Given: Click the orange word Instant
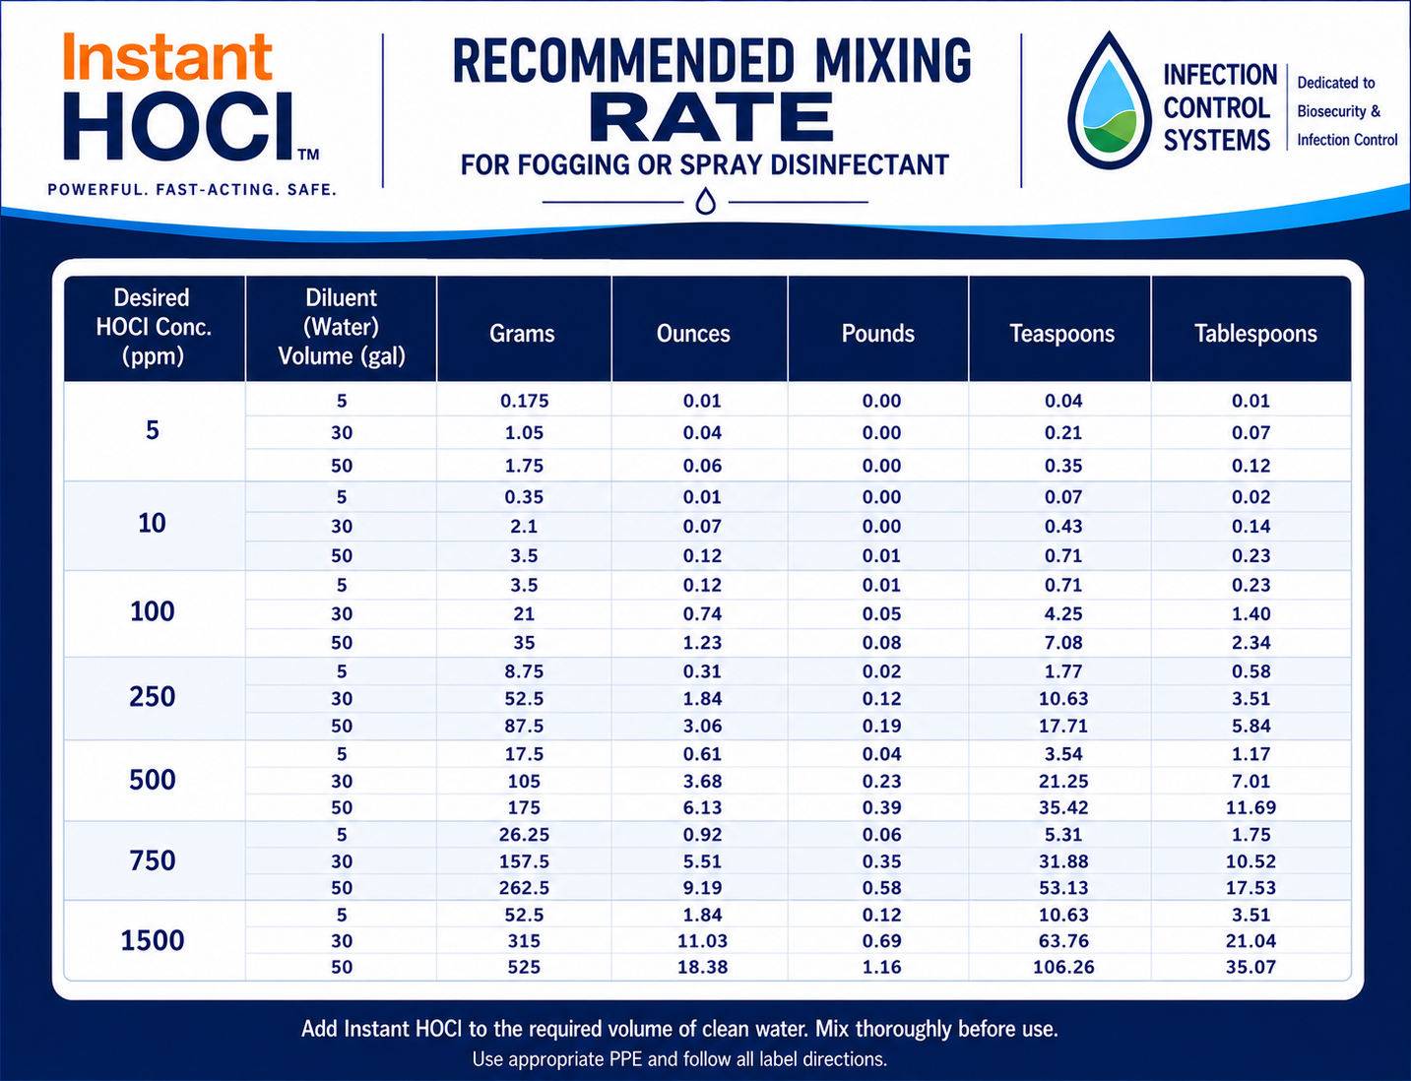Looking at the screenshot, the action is (x=167, y=57).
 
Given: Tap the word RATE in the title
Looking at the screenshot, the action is (x=712, y=117).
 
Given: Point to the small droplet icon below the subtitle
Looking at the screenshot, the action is (x=706, y=201).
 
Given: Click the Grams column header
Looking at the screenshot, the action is (x=522, y=333).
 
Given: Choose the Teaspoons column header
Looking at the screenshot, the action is (x=1061, y=333).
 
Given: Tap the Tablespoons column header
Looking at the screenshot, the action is (x=1255, y=333).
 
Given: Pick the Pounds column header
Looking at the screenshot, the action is (x=878, y=333).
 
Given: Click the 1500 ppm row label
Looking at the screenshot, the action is (x=153, y=940).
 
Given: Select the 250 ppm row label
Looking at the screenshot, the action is (x=153, y=697).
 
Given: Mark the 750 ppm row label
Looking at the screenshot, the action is (x=153, y=860).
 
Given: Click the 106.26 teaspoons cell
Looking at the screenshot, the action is (x=1063, y=967).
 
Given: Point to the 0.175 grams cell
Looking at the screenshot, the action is (x=524, y=401).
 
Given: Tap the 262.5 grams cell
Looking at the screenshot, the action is (x=524, y=887).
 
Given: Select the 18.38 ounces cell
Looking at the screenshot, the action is (x=703, y=967).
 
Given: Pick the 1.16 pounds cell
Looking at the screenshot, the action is (x=882, y=967).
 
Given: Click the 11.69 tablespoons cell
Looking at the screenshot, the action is (x=1251, y=807).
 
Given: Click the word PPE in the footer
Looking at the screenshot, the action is (x=626, y=1059).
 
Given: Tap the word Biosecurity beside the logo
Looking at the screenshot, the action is (x=1332, y=111).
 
